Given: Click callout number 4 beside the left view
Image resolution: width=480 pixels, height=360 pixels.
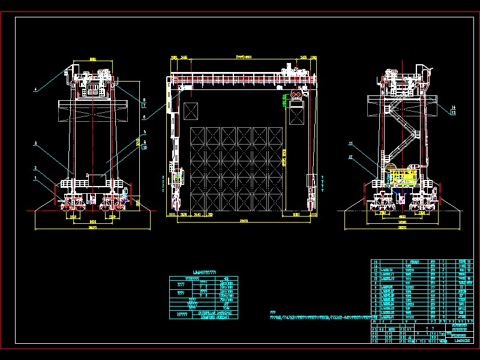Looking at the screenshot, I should (35, 89).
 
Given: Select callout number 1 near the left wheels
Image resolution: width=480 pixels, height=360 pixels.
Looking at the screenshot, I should (35, 178).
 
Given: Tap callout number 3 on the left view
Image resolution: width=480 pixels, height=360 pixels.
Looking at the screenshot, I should (35, 143).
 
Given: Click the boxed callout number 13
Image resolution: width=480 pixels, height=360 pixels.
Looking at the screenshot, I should (453, 112).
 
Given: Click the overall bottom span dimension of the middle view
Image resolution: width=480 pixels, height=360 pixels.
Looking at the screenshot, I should (242, 221).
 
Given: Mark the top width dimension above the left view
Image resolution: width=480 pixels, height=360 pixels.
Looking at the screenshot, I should (92, 60).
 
